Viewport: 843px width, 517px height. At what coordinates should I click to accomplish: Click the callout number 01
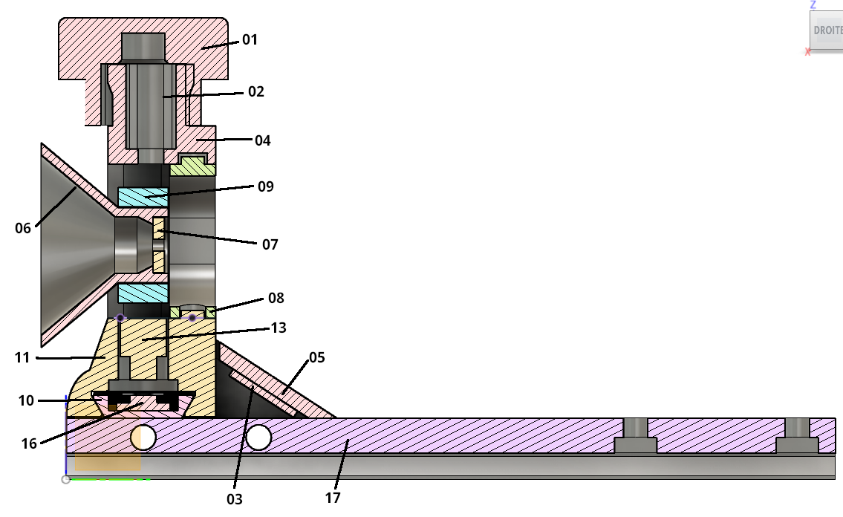pos(250,39)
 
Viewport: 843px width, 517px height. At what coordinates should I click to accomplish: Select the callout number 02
pos(255,92)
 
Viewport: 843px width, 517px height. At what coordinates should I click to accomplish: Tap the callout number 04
pos(263,140)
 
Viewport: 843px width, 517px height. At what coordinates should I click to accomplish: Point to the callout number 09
pos(265,186)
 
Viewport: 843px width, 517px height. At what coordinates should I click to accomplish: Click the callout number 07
pos(270,244)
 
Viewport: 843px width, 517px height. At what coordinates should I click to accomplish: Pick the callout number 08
pos(276,299)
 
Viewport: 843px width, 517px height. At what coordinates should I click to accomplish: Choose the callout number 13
pos(279,328)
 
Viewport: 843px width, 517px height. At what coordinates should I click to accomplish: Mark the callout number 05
pos(317,357)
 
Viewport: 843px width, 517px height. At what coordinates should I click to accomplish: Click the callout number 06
pos(23,228)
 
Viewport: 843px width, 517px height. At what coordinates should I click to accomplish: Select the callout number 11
pos(22,357)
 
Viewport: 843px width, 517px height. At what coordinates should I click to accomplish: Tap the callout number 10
pos(26,401)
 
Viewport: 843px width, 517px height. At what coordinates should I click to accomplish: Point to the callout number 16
pos(29,443)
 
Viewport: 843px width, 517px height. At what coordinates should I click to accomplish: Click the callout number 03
pos(234,498)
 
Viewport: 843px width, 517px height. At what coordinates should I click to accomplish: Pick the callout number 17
pos(333,498)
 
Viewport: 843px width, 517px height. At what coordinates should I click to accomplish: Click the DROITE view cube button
pos(827,31)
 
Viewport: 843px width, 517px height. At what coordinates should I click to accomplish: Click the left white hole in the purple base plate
pos(143,438)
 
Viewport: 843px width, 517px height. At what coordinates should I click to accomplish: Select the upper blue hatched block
pos(143,197)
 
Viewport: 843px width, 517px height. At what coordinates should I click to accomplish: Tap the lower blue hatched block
pos(143,293)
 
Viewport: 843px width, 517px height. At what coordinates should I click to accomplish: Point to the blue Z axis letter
pos(813,4)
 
